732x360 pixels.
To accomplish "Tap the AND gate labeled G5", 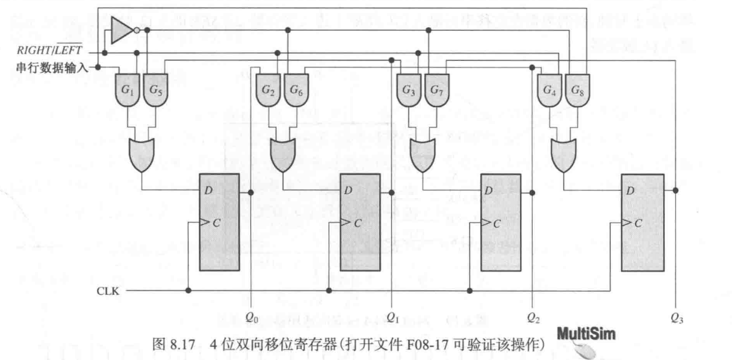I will click(x=155, y=90).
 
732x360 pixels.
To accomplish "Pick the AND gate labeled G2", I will click(x=269, y=90).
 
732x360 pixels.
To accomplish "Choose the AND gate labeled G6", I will click(x=296, y=90).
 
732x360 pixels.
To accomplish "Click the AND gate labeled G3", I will click(x=409, y=90).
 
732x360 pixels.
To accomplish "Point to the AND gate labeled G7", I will click(x=436, y=90).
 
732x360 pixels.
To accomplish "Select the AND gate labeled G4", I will click(x=550, y=90).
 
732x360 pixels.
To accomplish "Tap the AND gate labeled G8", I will click(x=577, y=90).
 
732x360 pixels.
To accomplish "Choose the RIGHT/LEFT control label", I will click(x=48, y=53).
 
